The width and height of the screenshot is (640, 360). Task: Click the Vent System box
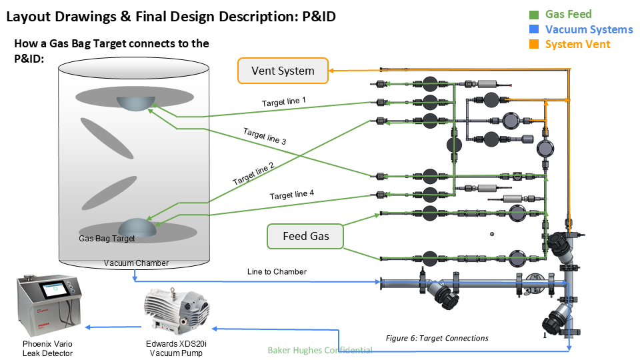point(283,71)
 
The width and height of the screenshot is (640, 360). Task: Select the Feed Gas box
point(305,236)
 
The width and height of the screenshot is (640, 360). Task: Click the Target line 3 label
point(265,137)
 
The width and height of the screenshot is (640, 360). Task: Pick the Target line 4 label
point(291,195)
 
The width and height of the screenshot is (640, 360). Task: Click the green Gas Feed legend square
point(534,14)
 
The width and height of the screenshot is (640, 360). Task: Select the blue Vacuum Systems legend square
point(534,29)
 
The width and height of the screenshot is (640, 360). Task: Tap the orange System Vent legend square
point(534,45)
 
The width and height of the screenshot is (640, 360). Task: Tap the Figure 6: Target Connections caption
point(437,338)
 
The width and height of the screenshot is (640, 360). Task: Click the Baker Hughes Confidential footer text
point(320,350)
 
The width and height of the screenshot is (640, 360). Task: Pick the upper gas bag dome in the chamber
point(134,102)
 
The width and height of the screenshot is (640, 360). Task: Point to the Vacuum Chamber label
point(136,263)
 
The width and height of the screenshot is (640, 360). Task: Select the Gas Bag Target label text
point(107,238)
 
